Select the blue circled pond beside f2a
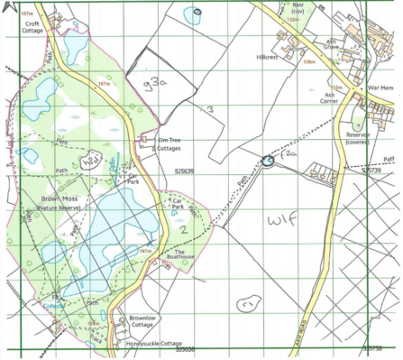coord(267,161)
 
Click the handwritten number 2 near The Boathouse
coord(183,230)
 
